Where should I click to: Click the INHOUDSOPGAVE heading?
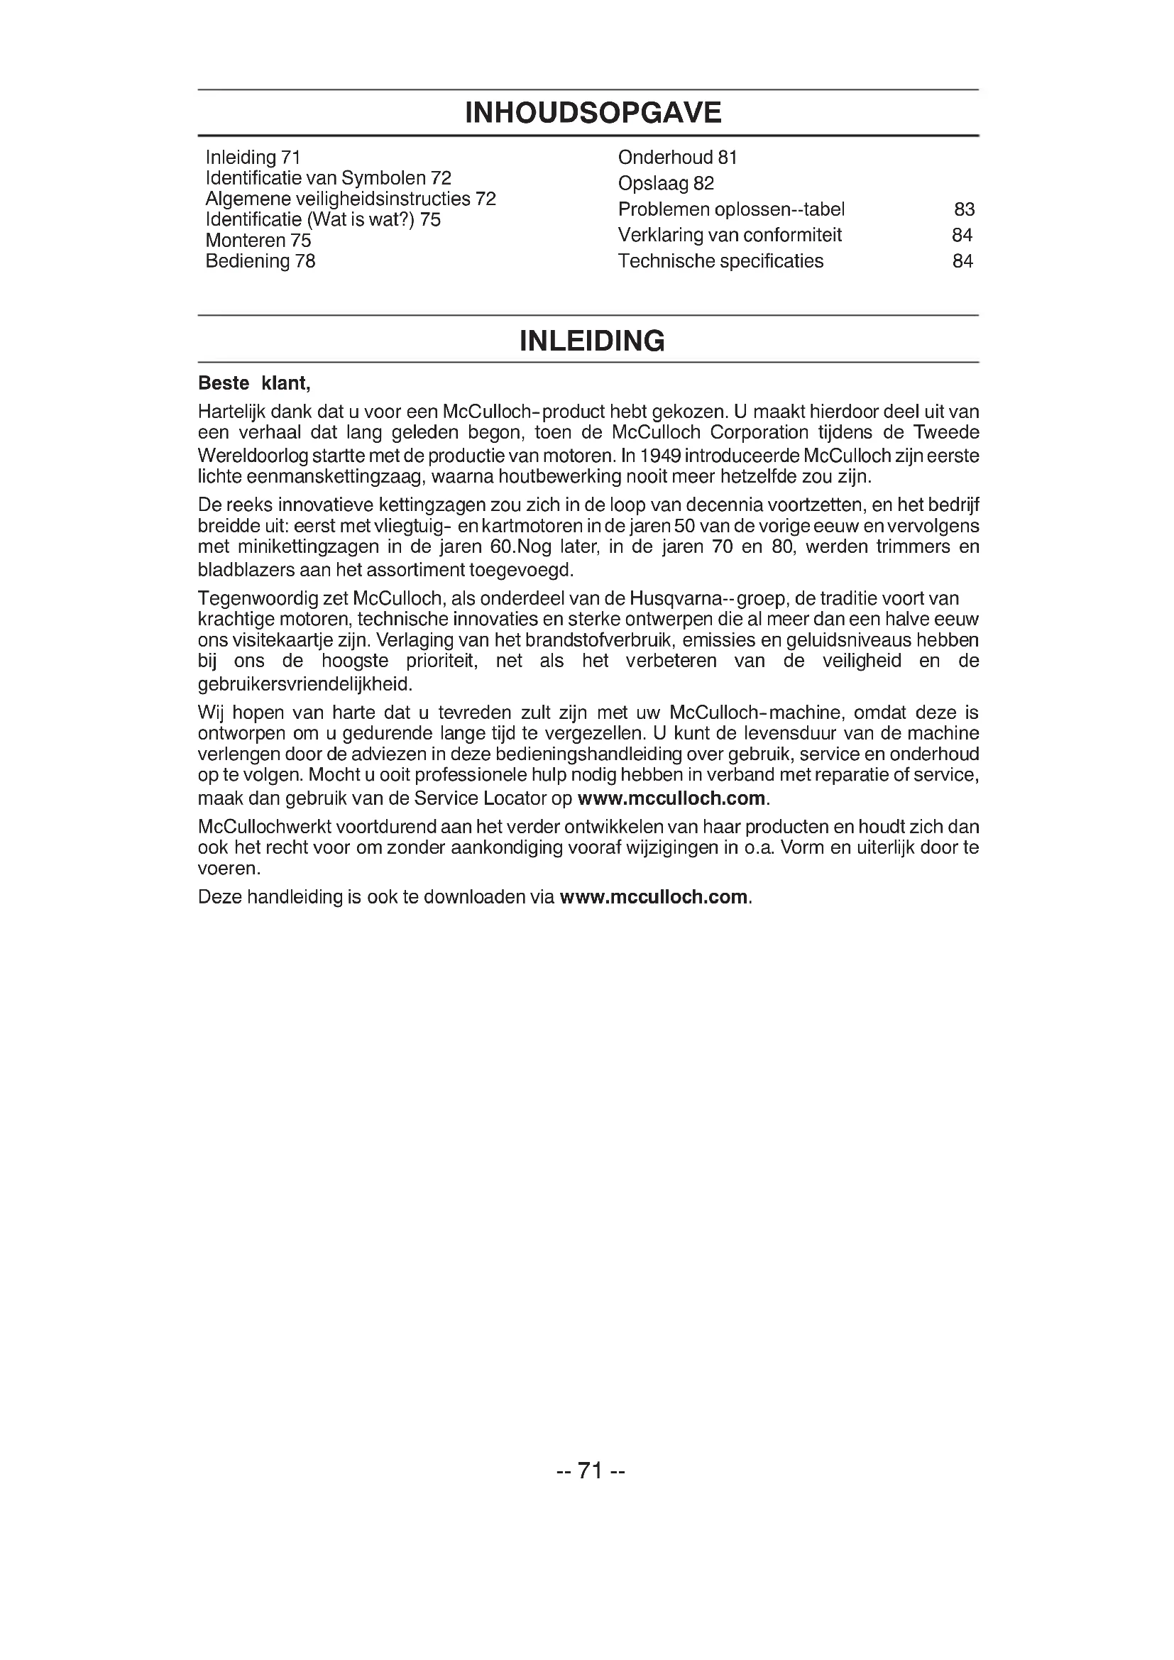(x=593, y=113)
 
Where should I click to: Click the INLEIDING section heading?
(x=592, y=341)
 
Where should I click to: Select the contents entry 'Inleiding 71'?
(x=253, y=157)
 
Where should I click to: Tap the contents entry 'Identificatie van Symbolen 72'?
(x=328, y=178)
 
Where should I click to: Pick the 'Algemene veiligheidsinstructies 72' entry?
(x=351, y=199)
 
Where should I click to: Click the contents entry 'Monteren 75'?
(x=258, y=240)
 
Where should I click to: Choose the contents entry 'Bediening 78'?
(x=260, y=261)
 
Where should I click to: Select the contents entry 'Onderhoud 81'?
(x=677, y=157)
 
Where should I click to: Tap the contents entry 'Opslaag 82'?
(x=666, y=183)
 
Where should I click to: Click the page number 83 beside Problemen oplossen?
(x=965, y=209)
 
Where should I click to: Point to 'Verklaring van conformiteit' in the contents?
(x=730, y=235)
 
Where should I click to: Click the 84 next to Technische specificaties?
(x=962, y=261)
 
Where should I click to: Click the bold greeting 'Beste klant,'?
(x=253, y=383)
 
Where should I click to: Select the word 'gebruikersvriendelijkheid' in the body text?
(x=305, y=684)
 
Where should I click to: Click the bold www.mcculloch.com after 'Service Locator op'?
(x=671, y=798)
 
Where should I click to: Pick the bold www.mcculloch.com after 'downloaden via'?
(x=654, y=897)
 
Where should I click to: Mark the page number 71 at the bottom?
(x=591, y=1471)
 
